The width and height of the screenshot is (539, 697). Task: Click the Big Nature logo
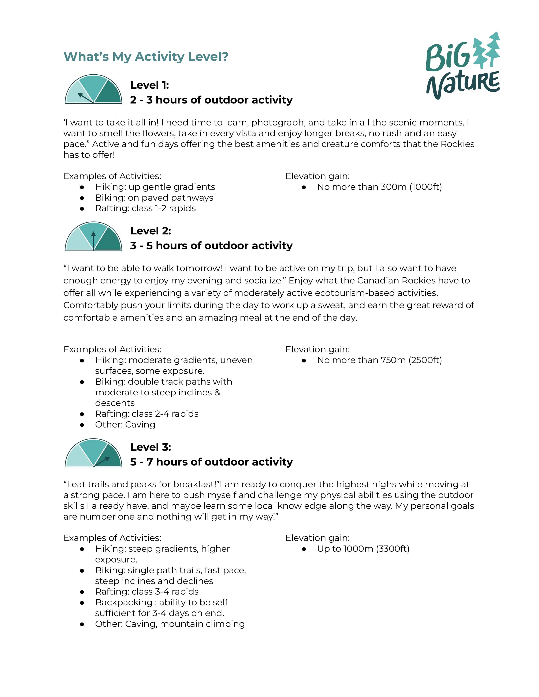463,66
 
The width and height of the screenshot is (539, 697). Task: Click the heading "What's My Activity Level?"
146,57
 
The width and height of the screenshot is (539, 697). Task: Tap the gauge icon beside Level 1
93,89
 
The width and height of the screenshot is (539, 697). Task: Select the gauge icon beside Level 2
93,237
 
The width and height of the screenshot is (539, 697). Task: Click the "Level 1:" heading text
149,85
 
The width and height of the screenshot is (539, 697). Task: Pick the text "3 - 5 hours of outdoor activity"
211,246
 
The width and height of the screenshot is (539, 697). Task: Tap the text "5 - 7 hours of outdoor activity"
211,462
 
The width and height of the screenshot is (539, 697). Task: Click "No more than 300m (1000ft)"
379,187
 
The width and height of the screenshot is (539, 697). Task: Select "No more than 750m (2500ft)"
379,360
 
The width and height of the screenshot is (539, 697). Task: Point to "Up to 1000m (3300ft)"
363,549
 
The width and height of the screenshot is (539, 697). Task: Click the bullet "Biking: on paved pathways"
154,198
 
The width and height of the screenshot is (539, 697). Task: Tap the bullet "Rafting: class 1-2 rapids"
145,208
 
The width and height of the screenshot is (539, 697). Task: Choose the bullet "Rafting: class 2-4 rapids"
146,414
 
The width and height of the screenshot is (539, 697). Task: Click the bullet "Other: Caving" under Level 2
125,425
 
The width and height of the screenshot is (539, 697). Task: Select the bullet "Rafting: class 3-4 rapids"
146,592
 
